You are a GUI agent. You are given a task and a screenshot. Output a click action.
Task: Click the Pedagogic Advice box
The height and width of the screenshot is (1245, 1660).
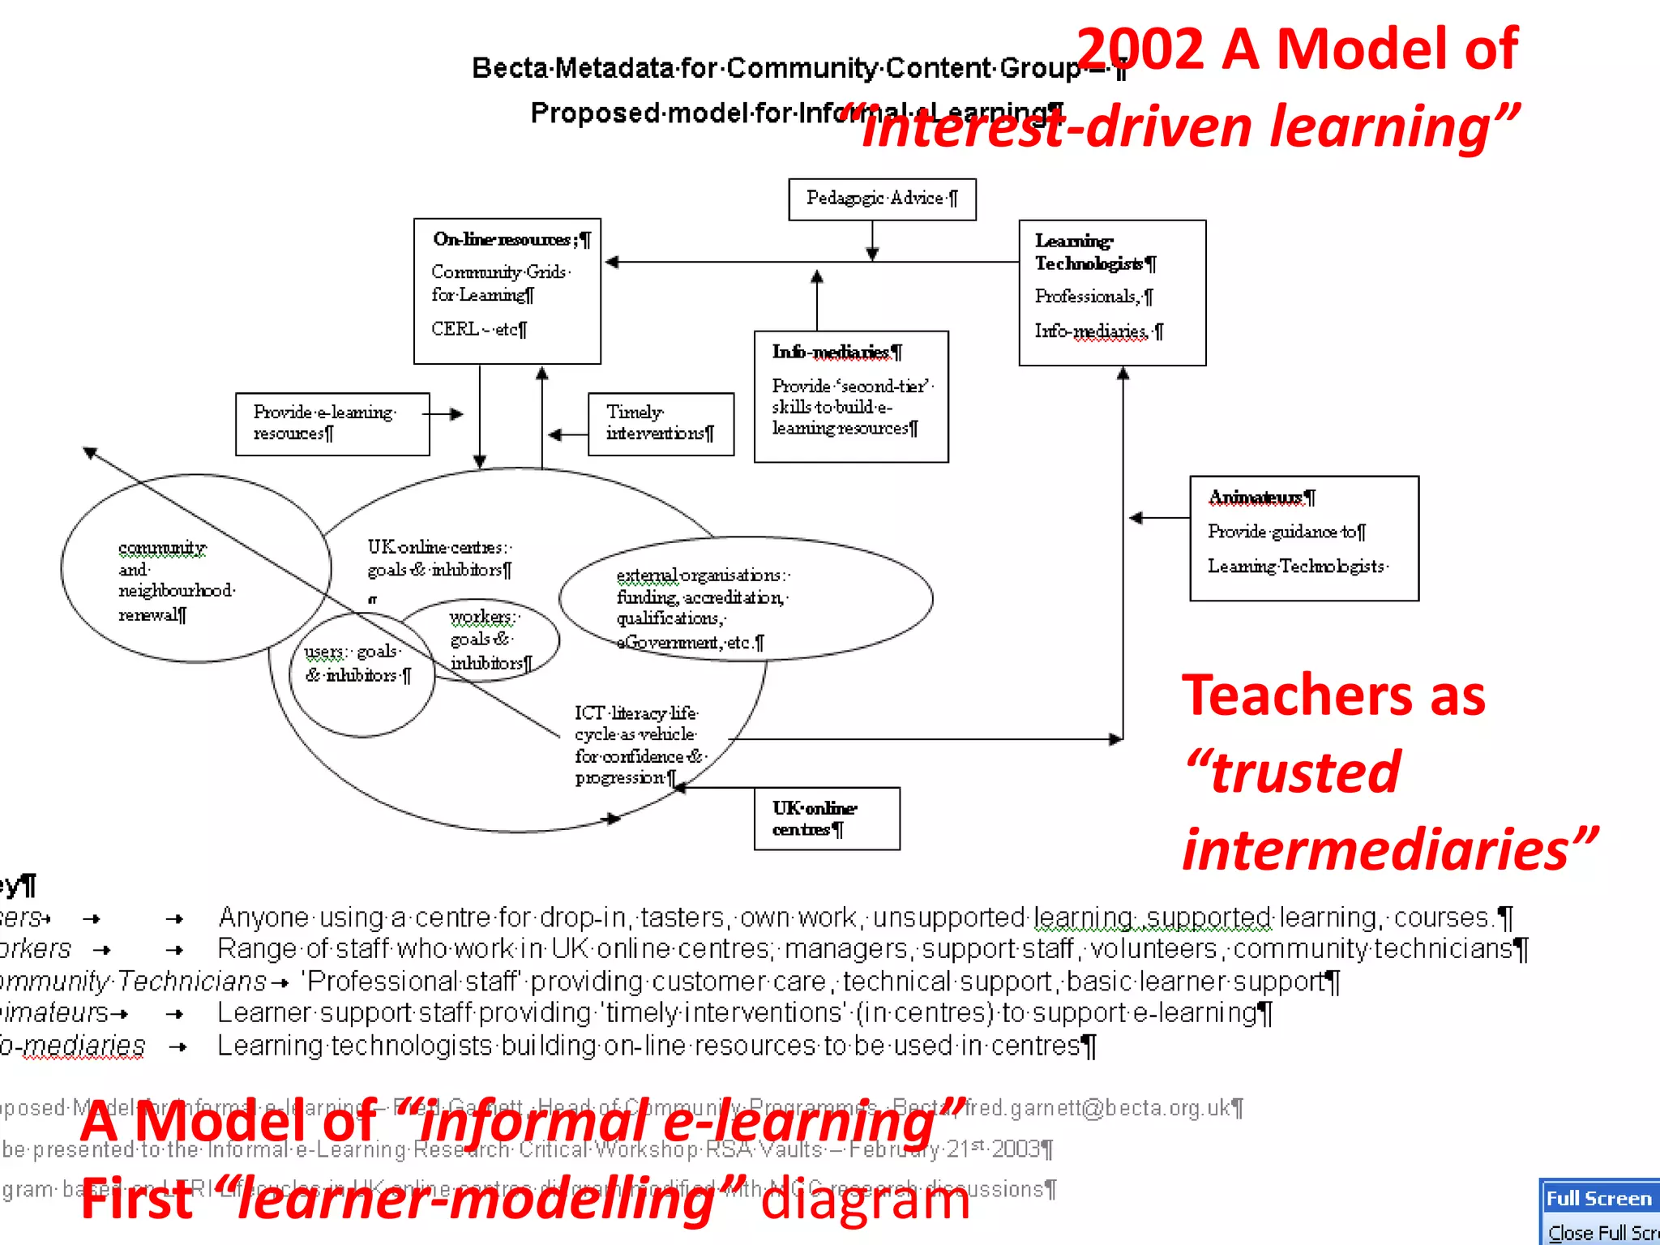882,199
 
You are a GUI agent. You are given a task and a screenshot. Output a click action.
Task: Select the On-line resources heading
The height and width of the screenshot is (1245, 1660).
511,239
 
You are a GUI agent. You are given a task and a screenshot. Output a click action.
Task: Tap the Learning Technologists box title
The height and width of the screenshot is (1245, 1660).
1094,252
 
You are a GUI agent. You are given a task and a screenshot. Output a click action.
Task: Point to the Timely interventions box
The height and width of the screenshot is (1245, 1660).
661,423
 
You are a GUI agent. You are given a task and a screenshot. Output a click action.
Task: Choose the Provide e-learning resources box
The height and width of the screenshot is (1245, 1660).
332,423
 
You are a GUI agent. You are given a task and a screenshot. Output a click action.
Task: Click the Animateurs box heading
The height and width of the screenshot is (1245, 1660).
1261,497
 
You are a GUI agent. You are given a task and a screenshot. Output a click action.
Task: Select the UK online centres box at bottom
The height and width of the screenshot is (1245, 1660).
826,819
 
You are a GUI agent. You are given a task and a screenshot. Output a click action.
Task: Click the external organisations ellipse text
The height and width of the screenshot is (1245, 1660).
702,608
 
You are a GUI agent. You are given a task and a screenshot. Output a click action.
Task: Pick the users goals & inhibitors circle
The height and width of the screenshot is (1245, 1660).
357,664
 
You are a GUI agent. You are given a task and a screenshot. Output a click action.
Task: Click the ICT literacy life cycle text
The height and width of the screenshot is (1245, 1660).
636,744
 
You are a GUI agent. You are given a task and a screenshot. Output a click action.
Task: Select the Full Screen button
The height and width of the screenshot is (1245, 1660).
1598,1198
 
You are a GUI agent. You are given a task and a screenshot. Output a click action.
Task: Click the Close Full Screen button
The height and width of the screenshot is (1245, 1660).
1602,1233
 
